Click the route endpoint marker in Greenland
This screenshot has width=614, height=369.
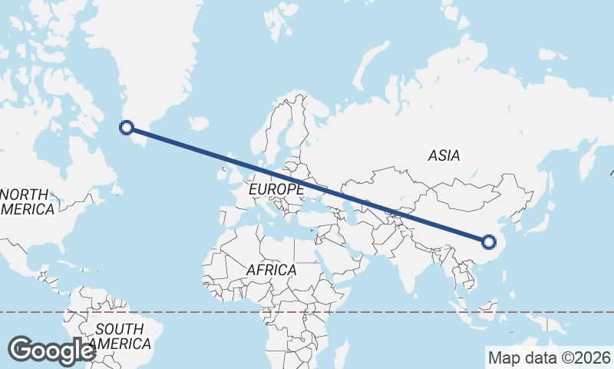pos(127,128)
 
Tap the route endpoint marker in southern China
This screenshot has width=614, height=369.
pos(489,243)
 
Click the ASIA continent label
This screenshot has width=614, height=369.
pos(444,155)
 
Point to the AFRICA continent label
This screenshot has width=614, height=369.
pos(271,270)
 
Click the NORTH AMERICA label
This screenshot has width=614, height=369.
pos(28,201)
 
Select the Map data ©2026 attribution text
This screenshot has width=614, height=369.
pos(549,357)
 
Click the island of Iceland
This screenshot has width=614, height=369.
pos(198,123)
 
